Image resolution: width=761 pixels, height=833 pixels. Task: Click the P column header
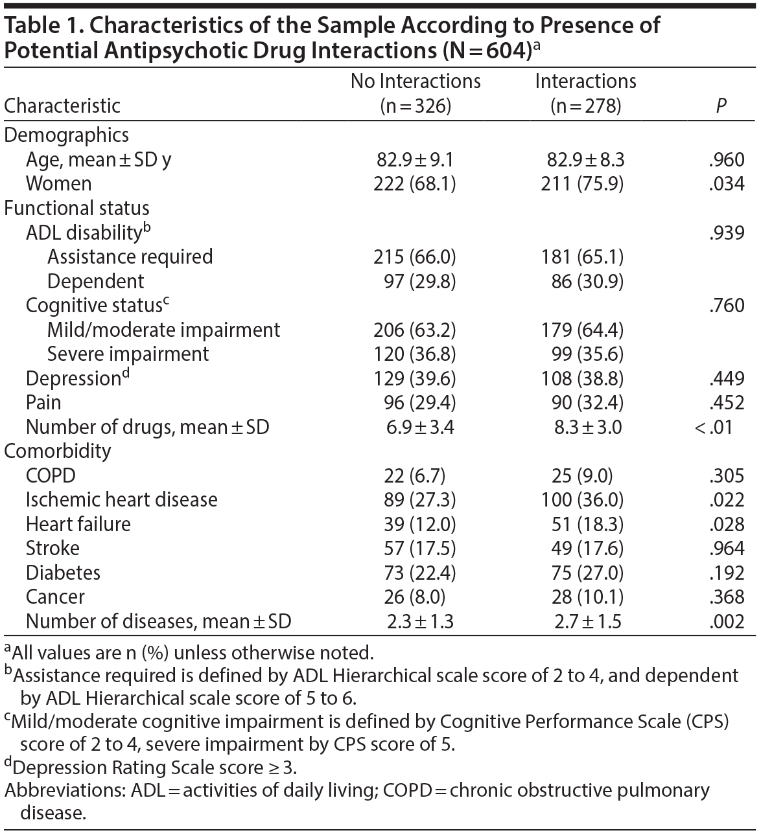(x=721, y=106)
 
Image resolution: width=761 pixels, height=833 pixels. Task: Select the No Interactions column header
(x=416, y=93)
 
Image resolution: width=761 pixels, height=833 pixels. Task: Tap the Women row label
(x=59, y=184)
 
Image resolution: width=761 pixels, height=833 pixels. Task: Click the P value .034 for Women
(x=727, y=184)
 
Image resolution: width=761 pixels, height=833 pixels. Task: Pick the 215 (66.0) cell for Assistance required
(x=415, y=257)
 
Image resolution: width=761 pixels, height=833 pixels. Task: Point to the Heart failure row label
(x=78, y=524)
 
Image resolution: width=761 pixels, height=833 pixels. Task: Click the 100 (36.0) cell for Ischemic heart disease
(x=582, y=500)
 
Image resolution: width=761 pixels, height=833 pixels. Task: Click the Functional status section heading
(x=77, y=209)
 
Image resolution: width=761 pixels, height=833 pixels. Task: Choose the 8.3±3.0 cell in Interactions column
(x=583, y=427)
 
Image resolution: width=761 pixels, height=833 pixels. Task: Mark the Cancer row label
(x=55, y=597)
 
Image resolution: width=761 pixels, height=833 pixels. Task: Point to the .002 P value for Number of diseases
(x=727, y=622)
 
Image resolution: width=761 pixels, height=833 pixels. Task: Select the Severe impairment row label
(x=128, y=354)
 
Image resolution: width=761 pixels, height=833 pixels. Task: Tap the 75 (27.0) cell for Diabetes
(x=582, y=573)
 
